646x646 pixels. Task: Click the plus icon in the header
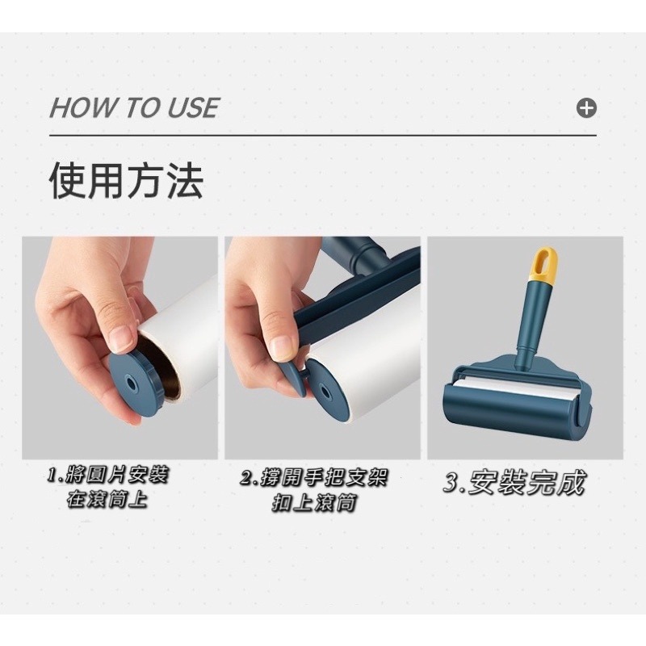click(x=587, y=108)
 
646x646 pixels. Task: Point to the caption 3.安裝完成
click(x=514, y=483)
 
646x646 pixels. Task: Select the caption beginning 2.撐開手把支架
click(x=315, y=477)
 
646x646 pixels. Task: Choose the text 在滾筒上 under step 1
click(x=107, y=500)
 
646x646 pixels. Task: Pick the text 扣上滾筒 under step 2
click(x=314, y=503)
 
